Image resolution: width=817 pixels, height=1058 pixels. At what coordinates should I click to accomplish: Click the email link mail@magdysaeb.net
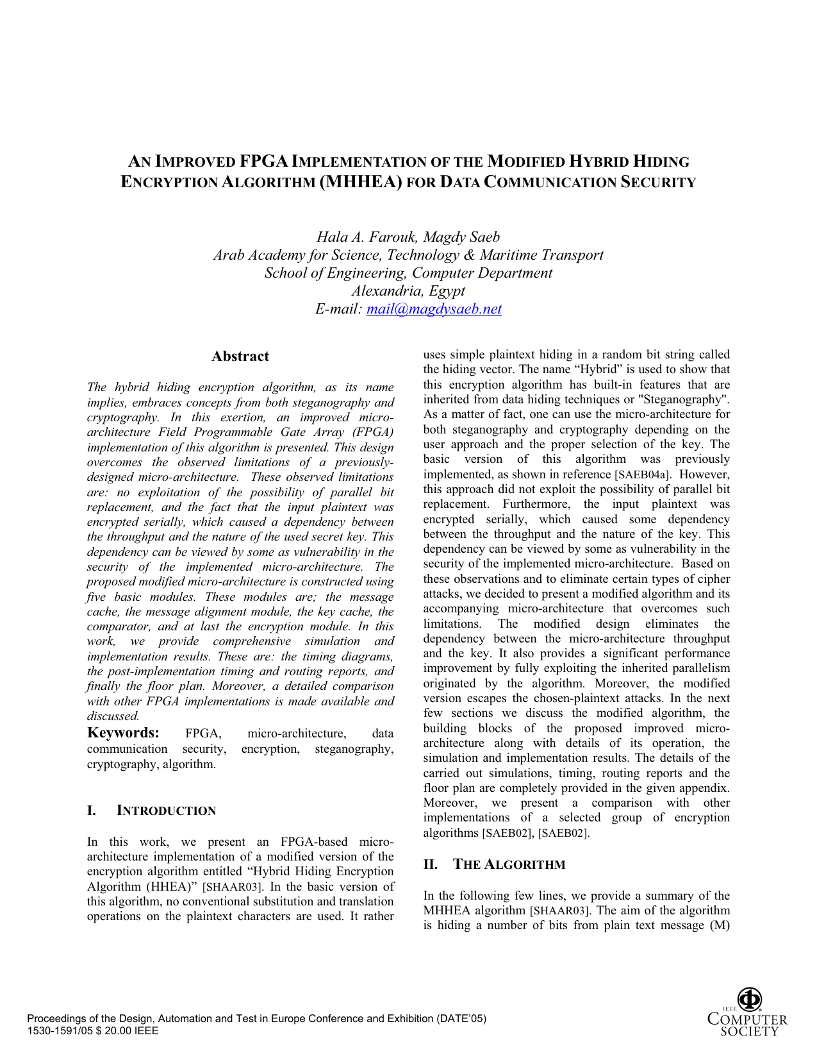pyautogui.click(x=434, y=309)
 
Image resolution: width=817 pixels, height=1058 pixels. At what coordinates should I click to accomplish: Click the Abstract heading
pyautogui.click(x=240, y=357)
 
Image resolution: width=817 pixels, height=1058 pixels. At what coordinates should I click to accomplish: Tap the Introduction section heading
pyautogui.click(x=166, y=810)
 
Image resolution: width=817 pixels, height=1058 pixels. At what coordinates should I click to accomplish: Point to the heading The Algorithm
pyautogui.click(x=509, y=864)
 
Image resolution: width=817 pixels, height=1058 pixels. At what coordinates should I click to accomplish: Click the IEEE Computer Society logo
pyautogui.click(x=747, y=1012)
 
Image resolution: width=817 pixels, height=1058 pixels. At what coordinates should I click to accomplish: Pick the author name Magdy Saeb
pyautogui.click(x=461, y=237)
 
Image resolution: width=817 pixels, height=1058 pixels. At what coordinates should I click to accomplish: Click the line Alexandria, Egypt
pyautogui.click(x=408, y=290)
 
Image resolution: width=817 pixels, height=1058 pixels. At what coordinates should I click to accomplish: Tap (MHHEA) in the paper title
pyautogui.click(x=361, y=182)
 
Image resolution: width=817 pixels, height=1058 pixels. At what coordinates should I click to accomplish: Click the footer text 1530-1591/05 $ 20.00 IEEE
pyautogui.click(x=92, y=1031)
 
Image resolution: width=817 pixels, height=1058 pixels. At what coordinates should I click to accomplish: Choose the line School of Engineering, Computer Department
pyautogui.click(x=408, y=273)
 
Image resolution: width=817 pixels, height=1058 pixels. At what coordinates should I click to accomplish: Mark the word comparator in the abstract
pyautogui.click(x=119, y=626)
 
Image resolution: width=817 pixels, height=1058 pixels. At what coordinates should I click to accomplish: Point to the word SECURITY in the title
pyautogui.click(x=658, y=182)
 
